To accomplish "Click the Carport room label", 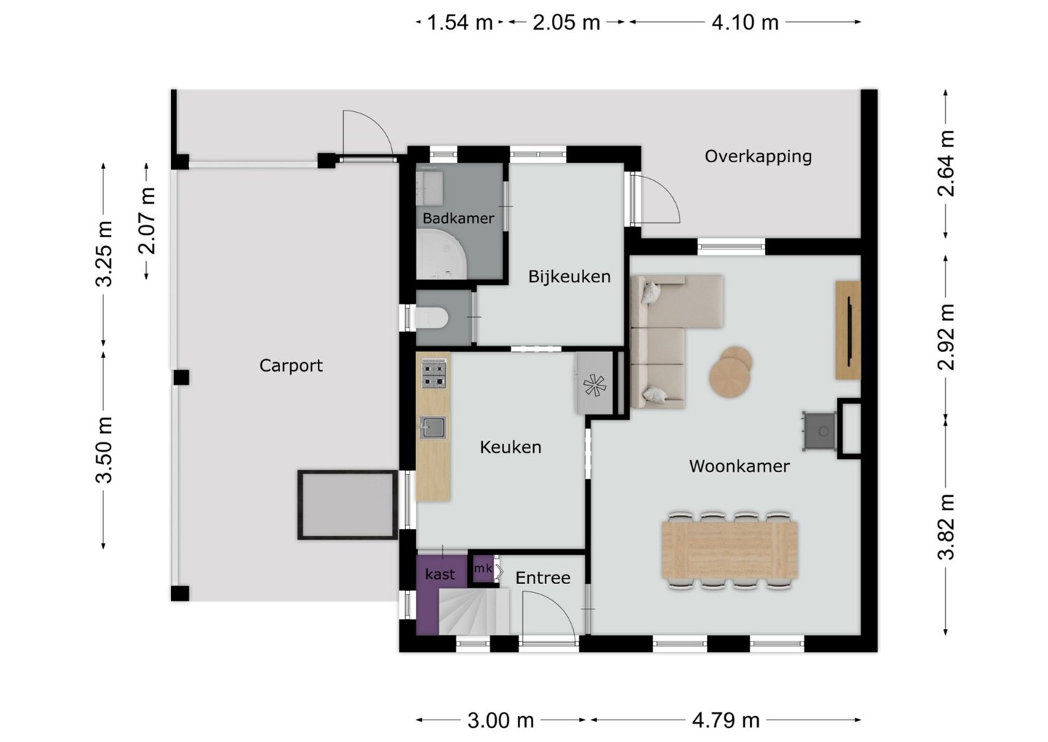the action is click(291, 365).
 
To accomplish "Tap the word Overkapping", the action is click(758, 157).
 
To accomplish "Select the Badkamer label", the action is click(458, 218).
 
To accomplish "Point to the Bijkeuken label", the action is click(569, 277).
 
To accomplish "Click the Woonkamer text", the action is click(739, 466).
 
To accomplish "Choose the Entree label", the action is click(543, 579).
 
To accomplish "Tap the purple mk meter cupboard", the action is click(483, 569).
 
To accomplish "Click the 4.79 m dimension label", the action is click(726, 720).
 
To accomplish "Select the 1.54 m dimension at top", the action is click(460, 22).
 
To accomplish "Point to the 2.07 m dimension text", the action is click(147, 221).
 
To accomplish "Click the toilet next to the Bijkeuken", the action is click(432, 317).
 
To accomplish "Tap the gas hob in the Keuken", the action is click(434, 373).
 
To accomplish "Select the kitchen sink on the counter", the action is click(432, 427).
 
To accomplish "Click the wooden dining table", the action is click(729, 550).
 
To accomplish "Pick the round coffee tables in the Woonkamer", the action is click(730, 372).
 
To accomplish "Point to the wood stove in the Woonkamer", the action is click(819, 431).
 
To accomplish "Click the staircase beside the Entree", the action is click(474, 611).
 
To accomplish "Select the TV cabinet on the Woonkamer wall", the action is click(847, 330).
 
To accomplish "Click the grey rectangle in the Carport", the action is click(348, 505).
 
